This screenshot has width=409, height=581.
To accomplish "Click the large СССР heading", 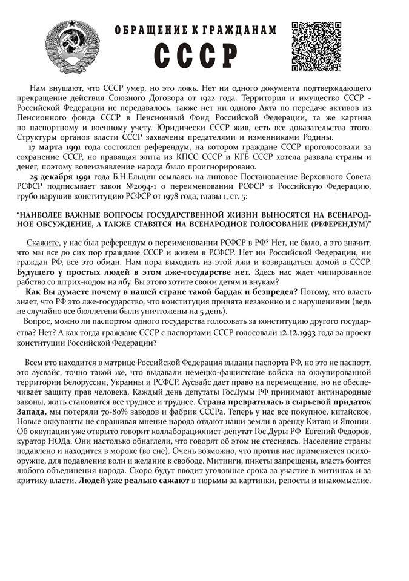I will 195,56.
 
